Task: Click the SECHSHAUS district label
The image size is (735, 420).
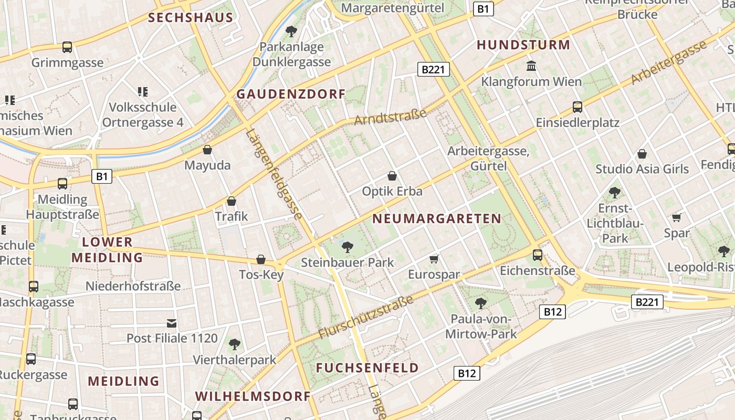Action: [190, 17]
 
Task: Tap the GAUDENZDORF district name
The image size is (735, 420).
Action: [291, 94]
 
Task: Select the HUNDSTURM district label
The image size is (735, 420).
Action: [523, 45]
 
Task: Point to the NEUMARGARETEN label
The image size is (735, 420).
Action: [437, 218]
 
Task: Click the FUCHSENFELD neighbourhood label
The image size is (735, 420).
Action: [367, 367]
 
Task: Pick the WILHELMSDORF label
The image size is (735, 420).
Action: [253, 396]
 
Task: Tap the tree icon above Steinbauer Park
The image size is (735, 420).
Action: [347, 247]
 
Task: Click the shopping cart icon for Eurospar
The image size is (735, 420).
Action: [434, 259]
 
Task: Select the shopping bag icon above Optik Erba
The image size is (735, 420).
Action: [392, 176]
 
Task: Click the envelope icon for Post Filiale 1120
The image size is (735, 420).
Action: [172, 323]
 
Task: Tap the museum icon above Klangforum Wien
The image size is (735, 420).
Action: [531, 66]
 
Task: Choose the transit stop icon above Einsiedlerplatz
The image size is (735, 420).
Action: [577, 107]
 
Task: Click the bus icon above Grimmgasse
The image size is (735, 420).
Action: [67, 47]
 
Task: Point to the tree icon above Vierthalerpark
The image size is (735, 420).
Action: [234, 344]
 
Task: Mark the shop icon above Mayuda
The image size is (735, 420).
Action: [207, 150]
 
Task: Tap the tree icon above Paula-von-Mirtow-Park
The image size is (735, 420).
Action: [480, 303]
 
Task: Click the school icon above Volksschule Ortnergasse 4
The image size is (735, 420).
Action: [142, 92]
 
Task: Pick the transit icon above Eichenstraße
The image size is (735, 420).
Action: [538, 255]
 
